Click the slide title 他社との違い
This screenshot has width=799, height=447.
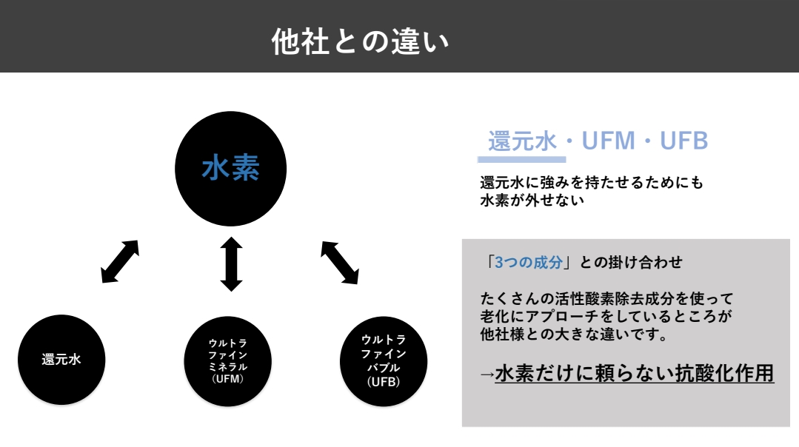[x=361, y=41]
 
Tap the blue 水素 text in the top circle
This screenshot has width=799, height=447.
[x=230, y=169]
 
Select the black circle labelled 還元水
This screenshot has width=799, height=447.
[x=61, y=360]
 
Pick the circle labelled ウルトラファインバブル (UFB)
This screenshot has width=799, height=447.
[x=383, y=360]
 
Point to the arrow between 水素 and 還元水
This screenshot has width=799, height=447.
[x=120, y=261]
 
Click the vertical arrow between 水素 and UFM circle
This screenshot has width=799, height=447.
[x=231, y=263]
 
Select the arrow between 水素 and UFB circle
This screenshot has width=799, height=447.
[x=339, y=261]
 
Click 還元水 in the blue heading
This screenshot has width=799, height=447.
[x=521, y=141]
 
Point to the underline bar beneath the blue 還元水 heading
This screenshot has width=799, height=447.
[x=521, y=158]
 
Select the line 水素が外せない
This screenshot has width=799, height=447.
[x=532, y=200]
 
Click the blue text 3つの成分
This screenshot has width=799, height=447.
[x=529, y=263]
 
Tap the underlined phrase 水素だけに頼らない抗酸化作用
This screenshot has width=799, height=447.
[x=634, y=374]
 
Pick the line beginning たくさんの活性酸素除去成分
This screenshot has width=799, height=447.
[x=606, y=299]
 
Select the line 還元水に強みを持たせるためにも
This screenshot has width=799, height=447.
[x=591, y=183]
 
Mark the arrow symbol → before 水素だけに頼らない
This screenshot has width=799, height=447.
[x=487, y=374]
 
